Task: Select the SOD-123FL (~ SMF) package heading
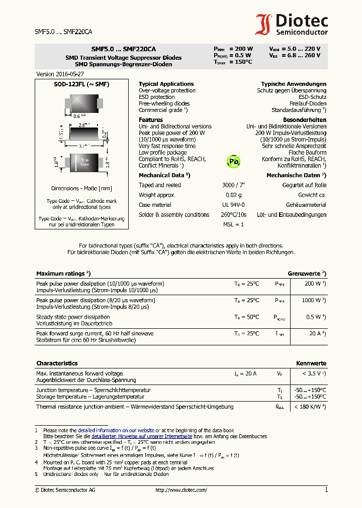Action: pos(81,84)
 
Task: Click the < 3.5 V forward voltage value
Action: pos(314,373)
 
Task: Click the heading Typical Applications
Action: pos(166,84)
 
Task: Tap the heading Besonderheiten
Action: pos(305,120)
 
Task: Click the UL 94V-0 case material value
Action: pos(233,205)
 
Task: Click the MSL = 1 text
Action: pos(233,224)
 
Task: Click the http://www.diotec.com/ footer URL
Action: pos(181,490)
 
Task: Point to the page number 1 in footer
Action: pos(326,489)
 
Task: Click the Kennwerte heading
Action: pos(311,363)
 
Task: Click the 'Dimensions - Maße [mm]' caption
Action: pos(81,188)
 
